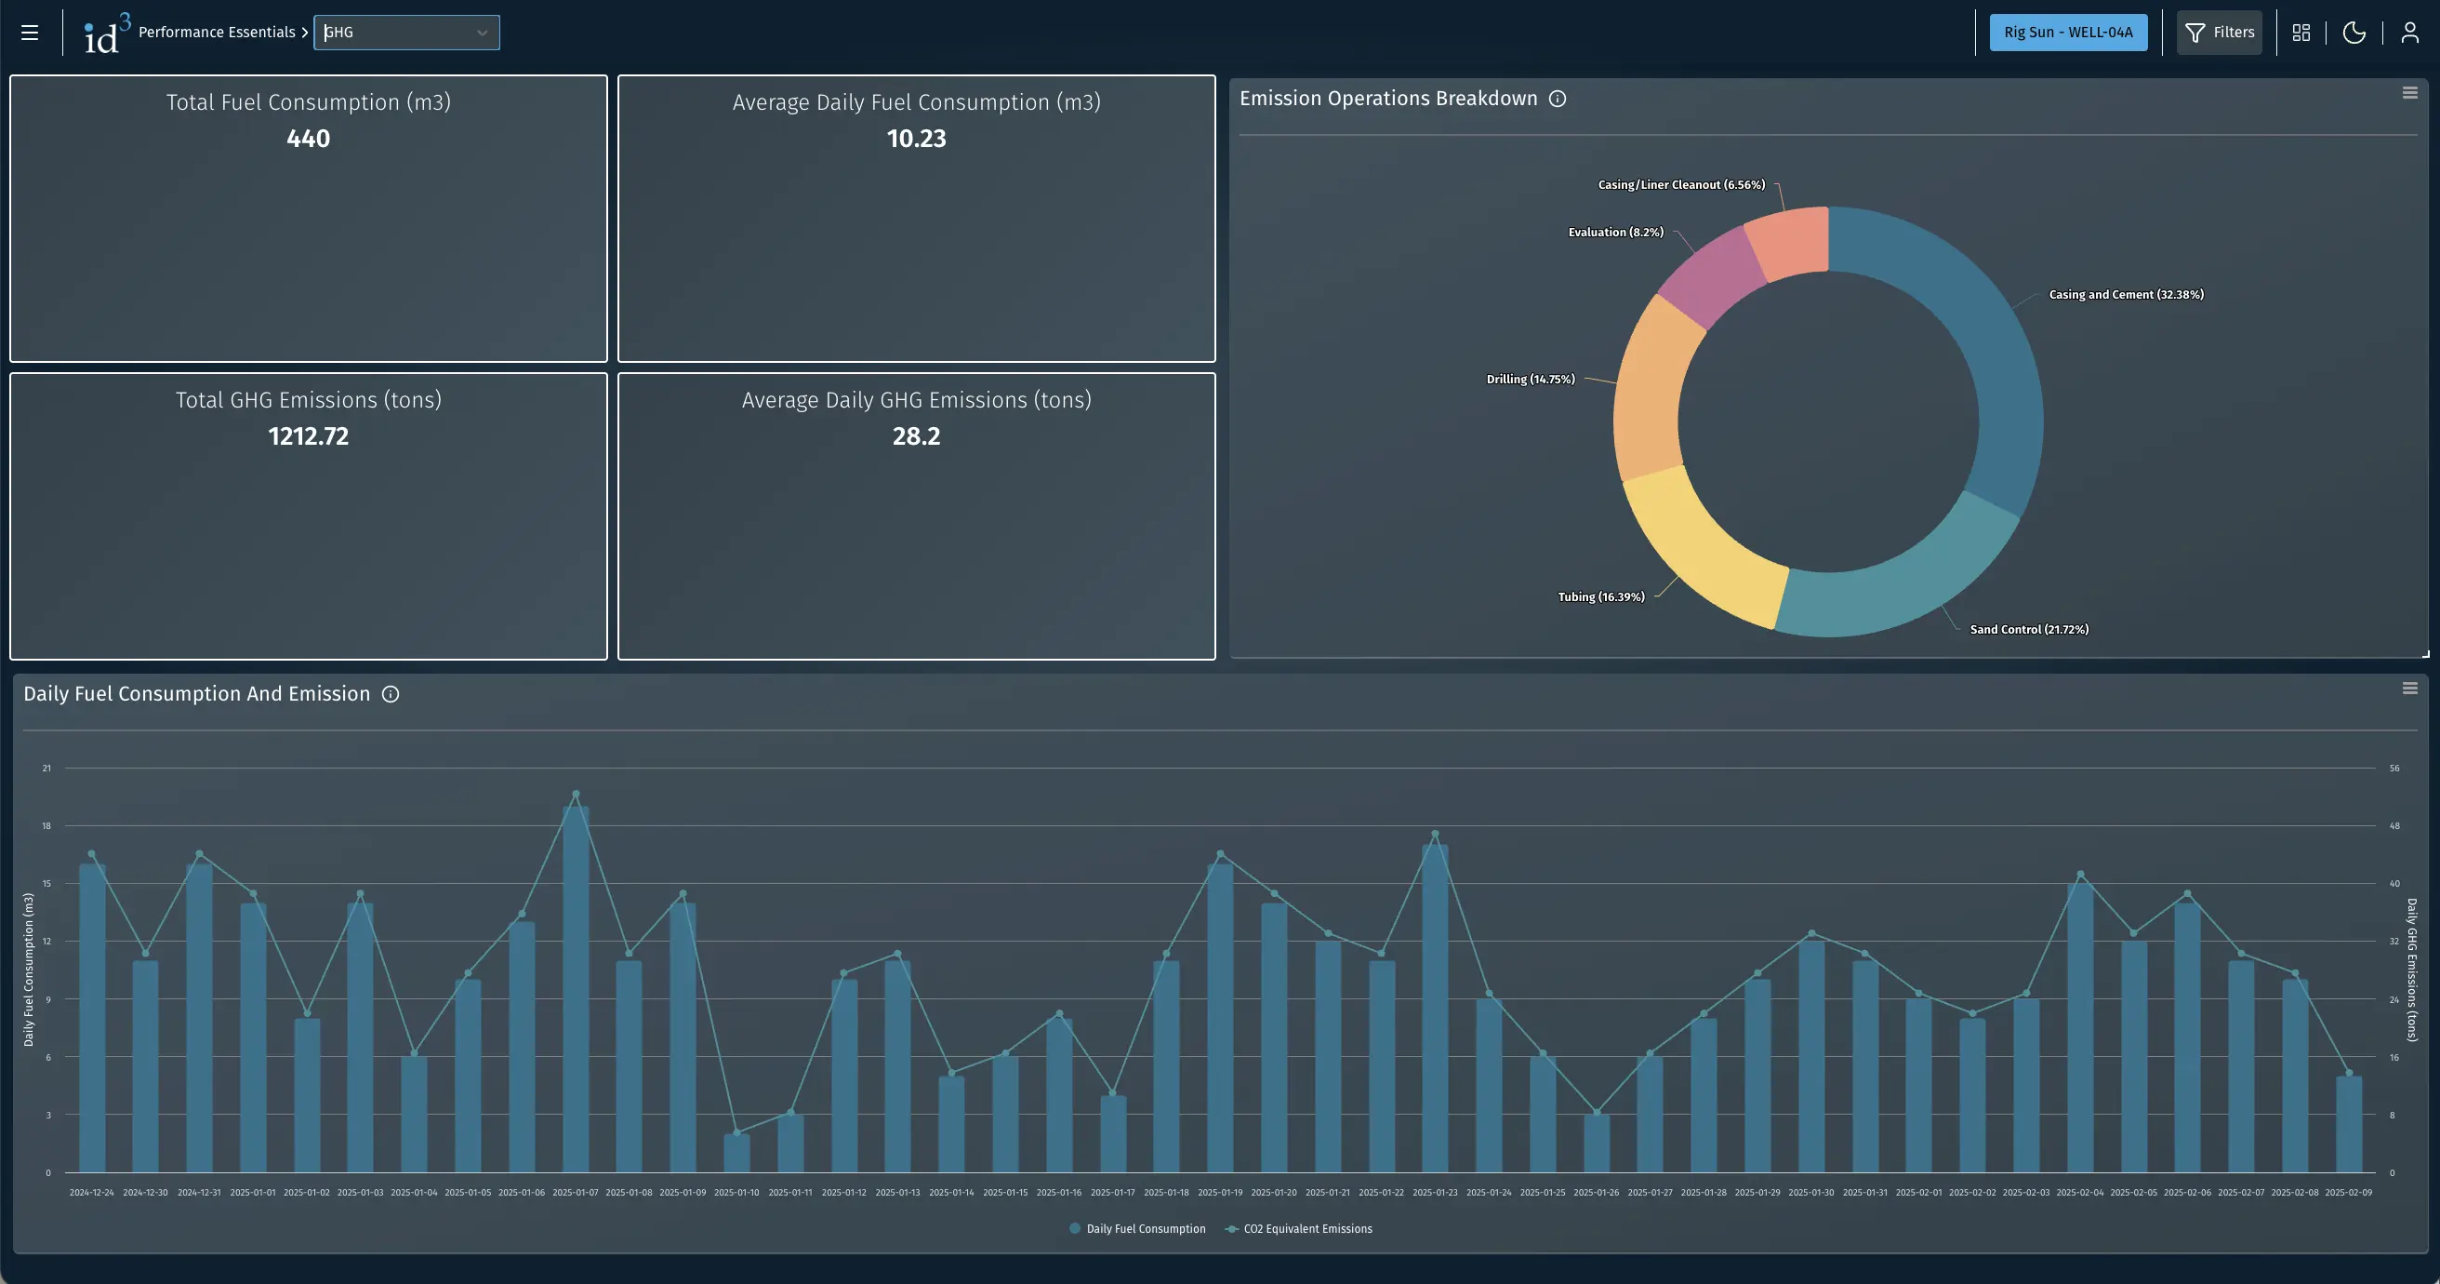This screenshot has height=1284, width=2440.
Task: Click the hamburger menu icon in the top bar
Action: (x=30, y=33)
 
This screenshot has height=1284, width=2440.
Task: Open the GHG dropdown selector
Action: (x=406, y=33)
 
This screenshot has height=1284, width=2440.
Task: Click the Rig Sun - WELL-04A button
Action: (x=2068, y=33)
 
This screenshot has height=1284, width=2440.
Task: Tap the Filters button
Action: (x=2219, y=33)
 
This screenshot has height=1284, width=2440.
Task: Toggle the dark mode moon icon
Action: (x=2354, y=33)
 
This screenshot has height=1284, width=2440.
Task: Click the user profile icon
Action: (x=2409, y=33)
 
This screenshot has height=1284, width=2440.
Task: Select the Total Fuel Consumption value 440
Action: (x=308, y=139)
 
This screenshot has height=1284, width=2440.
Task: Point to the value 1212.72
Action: (x=308, y=435)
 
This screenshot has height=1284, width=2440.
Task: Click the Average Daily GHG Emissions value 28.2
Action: (x=916, y=435)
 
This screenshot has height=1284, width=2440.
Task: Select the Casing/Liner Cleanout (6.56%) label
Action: (x=1681, y=185)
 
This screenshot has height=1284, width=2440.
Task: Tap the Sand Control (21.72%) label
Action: (x=2029, y=629)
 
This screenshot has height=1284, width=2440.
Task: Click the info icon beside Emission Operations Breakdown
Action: (x=1558, y=99)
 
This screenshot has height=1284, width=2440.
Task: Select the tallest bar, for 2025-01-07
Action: (x=575, y=995)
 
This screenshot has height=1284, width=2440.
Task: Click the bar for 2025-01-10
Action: (x=736, y=1153)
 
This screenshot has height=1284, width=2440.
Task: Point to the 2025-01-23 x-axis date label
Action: (x=1435, y=1192)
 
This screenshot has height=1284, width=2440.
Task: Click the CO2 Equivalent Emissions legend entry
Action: (x=1306, y=1228)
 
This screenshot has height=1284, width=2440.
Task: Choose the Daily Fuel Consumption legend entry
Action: (x=1145, y=1228)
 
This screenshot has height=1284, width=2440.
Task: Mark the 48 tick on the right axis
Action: (x=2394, y=826)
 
